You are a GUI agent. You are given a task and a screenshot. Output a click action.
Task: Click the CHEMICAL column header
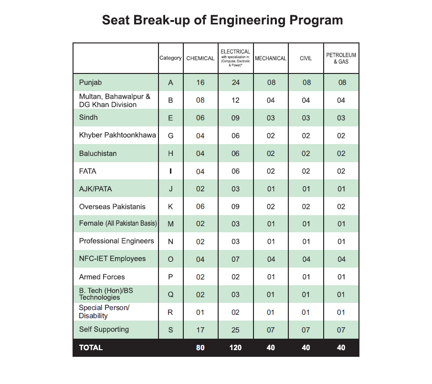coord(200,58)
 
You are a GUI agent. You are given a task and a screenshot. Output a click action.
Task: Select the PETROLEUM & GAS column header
coord(341,58)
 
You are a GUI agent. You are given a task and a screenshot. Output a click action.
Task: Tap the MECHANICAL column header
coord(271,58)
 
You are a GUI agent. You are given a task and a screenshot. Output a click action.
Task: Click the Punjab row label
coord(90,83)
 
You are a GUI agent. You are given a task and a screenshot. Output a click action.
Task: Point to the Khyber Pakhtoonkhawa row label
coord(117,135)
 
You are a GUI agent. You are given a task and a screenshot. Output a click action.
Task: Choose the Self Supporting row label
coord(104,330)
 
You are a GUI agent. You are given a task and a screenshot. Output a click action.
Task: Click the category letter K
coord(170,207)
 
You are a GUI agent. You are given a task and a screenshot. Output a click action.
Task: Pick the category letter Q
coord(170,295)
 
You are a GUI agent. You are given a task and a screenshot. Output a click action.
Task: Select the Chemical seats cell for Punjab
coord(200,83)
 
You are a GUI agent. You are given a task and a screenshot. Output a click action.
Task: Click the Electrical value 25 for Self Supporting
coord(235,330)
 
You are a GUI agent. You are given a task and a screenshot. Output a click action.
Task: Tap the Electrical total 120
coord(235,348)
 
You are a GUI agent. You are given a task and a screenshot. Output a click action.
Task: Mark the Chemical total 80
coord(200,348)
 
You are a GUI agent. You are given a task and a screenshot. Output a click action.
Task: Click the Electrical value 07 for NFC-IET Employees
coord(235,259)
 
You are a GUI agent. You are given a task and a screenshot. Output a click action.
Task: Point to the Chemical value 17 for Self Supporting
coord(200,330)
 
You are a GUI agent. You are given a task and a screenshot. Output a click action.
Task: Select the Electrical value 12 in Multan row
coord(235,101)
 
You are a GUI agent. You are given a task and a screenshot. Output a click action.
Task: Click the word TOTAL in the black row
coord(91,348)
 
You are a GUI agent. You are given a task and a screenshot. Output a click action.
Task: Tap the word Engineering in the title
coord(249,20)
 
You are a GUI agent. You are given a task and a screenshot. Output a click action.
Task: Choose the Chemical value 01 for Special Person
coord(200,312)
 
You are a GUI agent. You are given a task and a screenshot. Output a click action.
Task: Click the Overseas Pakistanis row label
coord(112,207)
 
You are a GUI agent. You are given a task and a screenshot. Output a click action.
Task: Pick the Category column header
coord(170,58)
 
